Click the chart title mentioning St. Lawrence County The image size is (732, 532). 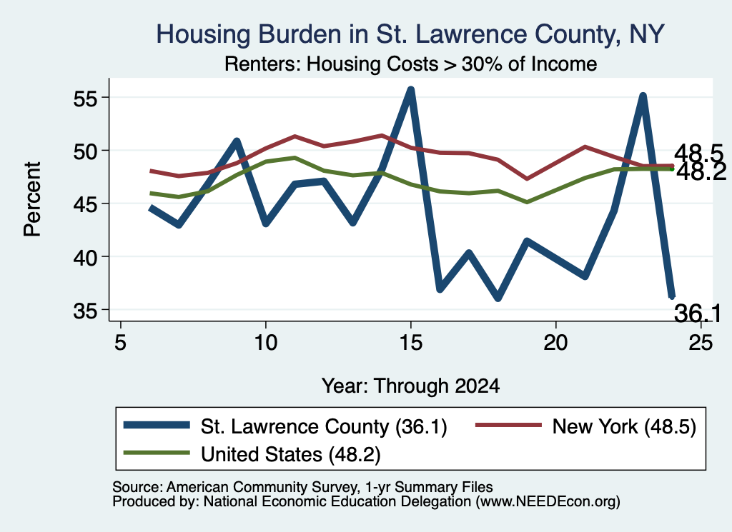coord(410,34)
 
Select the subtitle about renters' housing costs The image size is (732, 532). coord(410,64)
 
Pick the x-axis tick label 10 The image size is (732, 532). coord(266,343)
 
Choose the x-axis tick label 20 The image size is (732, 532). coord(555,343)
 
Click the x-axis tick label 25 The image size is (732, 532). coord(701,343)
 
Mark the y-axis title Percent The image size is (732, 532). coord(32,199)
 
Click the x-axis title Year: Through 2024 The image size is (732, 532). coord(410,386)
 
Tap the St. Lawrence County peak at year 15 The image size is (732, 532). coord(411,89)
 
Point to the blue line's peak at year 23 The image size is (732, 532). coord(643,96)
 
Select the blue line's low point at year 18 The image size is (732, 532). coord(498,298)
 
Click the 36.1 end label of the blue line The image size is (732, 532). coord(698,313)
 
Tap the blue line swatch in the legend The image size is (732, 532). coord(157,425)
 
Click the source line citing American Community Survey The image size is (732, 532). coord(302,487)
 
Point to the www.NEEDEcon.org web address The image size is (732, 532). coord(548,502)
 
